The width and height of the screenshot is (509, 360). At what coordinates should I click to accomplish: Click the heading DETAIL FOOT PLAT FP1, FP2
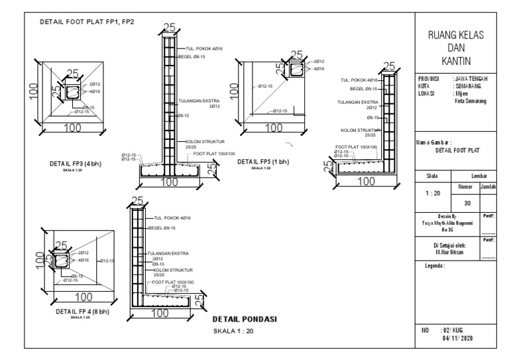pyautogui.click(x=87, y=21)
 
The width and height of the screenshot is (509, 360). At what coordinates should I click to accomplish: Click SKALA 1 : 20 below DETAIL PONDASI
pyautogui.click(x=233, y=331)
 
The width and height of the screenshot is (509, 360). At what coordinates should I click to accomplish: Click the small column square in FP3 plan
pyautogui.click(x=70, y=91)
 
